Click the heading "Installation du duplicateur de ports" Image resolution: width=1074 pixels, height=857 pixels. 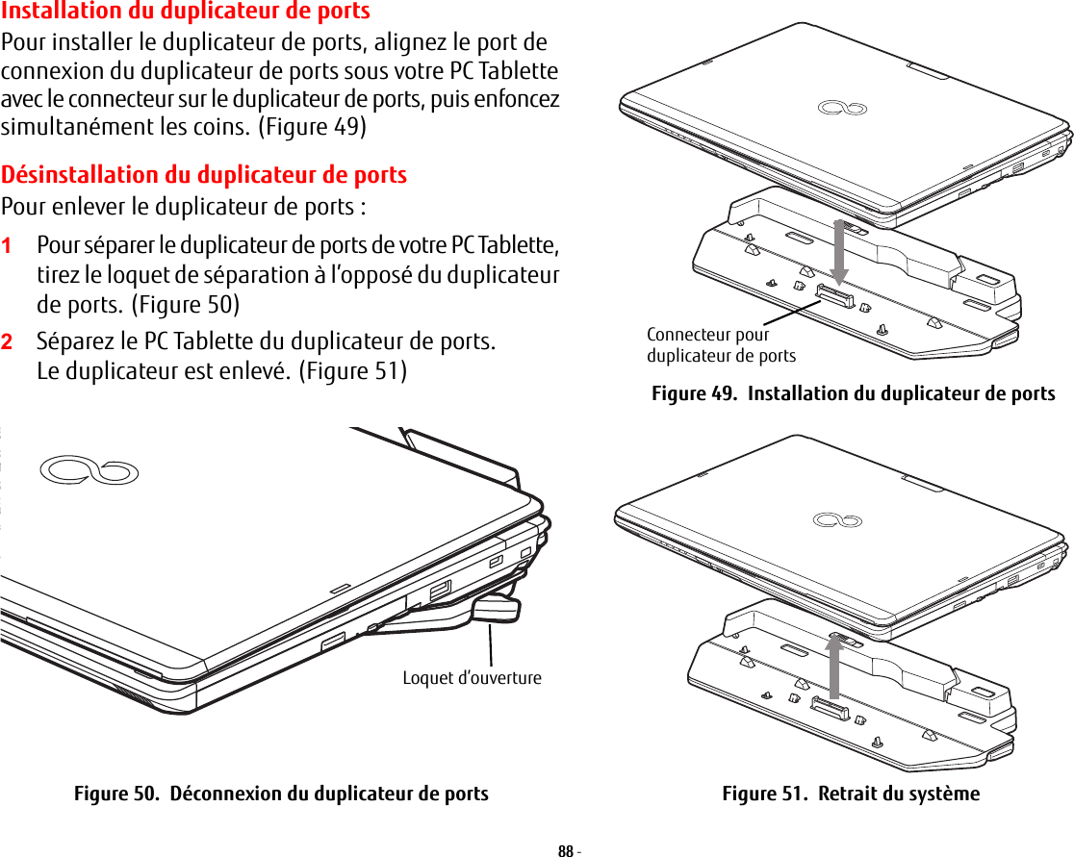186,12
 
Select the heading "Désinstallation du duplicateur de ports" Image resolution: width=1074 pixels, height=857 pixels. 204,175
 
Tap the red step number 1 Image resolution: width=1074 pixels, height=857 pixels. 8,245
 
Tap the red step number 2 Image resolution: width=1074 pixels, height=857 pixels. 8,341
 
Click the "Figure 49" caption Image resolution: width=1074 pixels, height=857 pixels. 853,393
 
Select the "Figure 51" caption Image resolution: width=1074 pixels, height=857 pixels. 851,794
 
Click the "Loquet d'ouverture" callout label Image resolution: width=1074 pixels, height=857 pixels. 472,678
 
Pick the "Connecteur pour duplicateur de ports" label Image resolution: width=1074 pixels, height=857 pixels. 721,345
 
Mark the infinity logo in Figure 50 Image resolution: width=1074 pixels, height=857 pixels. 89,470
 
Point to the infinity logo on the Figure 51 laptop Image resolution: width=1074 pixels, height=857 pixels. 837,520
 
